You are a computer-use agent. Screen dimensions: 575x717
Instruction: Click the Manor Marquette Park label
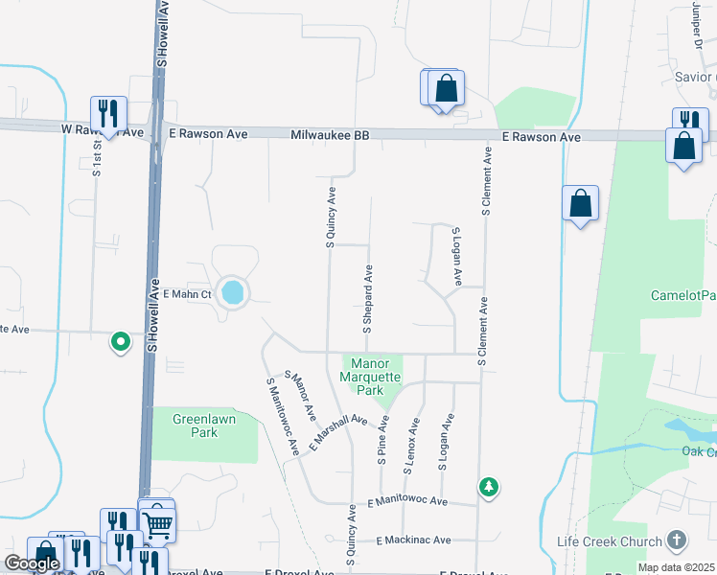pos(369,377)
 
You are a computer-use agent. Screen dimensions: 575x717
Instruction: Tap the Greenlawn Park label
pos(196,425)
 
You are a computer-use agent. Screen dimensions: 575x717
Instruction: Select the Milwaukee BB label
pos(330,136)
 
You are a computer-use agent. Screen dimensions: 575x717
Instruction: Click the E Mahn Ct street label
pos(187,294)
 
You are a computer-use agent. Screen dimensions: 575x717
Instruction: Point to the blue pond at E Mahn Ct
pos(231,291)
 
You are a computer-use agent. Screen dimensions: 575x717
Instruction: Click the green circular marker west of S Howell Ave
pos(121,340)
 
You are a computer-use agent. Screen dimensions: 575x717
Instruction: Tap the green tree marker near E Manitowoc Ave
pos(489,487)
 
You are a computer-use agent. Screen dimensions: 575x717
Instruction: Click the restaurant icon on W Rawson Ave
pos(108,113)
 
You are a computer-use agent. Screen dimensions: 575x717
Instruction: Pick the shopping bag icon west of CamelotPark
pos(580,203)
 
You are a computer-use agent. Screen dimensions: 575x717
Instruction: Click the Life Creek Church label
pos(610,541)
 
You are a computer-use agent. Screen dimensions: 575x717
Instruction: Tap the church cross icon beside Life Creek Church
pos(676,540)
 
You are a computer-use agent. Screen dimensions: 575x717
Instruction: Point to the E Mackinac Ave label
pos(413,540)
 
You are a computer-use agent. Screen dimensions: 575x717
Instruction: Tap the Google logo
pos(32,563)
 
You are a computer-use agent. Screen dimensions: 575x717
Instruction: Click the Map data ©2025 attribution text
pos(675,567)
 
